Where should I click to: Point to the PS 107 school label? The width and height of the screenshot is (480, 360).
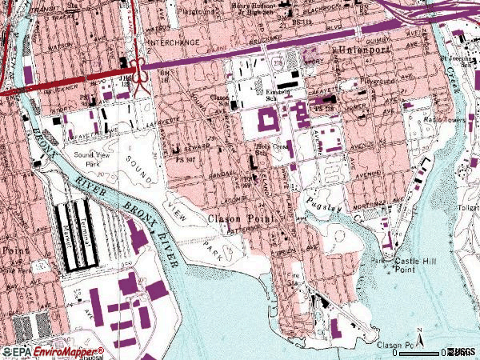click(x=187, y=159)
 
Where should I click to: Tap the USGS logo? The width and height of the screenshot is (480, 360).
click(x=462, y=352)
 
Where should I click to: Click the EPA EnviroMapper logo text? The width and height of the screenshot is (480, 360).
click(x=52, y=351)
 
